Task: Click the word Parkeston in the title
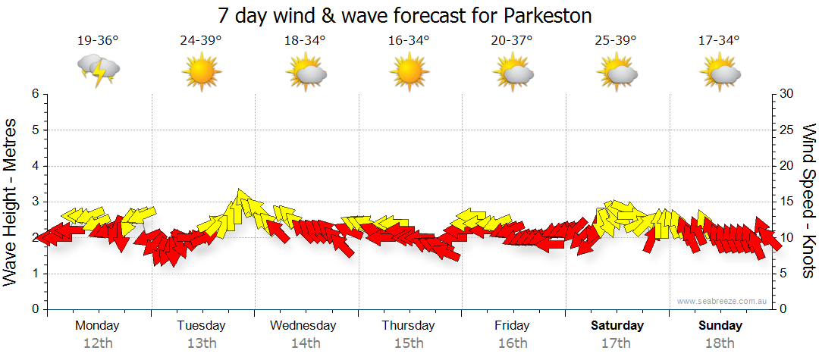(x=546, y=15)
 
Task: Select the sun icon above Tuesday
(x=201, y=72)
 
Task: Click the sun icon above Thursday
(x=408, y=72)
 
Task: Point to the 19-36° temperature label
(x=97, y=41)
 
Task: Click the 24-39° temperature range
(x=200, y=41)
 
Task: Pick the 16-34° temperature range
(x=408, y=41)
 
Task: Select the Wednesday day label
(x=303, y=326)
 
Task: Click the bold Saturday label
(x=617, y=326)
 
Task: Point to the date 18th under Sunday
(x=720, y=343)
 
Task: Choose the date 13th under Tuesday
(x=202, y=343)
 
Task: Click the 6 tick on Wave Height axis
(x=34, y=94)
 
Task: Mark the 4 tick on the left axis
(x=34, y=166)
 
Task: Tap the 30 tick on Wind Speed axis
(x=787, y=94)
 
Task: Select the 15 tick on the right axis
(x=787, y=202)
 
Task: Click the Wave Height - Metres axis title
(x=11, y=202)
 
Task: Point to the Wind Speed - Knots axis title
(x=808, y=202)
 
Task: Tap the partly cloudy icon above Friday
(x=512, y=72)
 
